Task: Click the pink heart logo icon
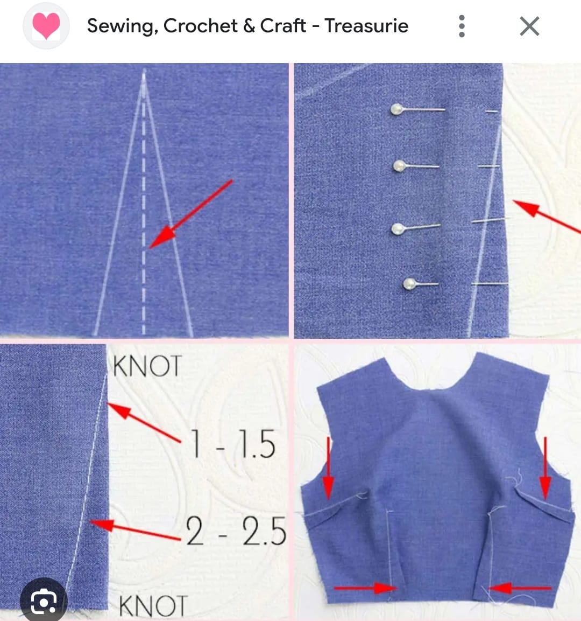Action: pos(46,26)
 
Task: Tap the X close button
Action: pos(529,26)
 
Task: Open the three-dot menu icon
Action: pos(462,26)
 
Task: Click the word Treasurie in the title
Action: pos(366,26)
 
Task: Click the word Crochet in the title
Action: pos(200,26)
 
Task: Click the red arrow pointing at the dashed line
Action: pos(190,214)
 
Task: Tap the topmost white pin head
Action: pos(397,110)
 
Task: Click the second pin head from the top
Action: pos(399,165)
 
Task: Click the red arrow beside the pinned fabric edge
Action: pos(546,217)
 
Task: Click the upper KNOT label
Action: pos(147,367)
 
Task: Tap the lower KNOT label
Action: pos(152,606)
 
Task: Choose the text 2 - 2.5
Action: pos(236,531)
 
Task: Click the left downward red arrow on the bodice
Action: pos(328,469)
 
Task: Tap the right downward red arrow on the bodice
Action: pos(545,469)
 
